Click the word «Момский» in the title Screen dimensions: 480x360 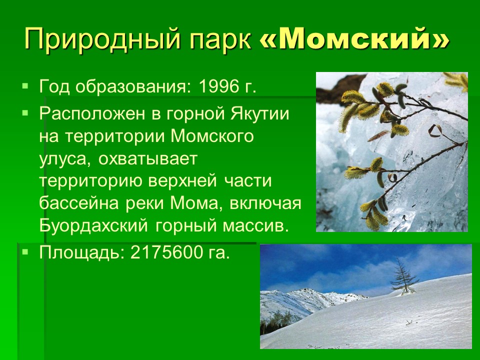[x=355, y=39]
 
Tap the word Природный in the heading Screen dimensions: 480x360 [x=102, y=40]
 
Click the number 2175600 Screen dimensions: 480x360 [x=166, y=252]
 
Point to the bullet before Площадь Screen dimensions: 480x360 [x=25, y=252]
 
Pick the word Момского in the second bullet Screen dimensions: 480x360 [x=212, y=136]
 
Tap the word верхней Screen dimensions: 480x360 [x=183, y=181]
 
